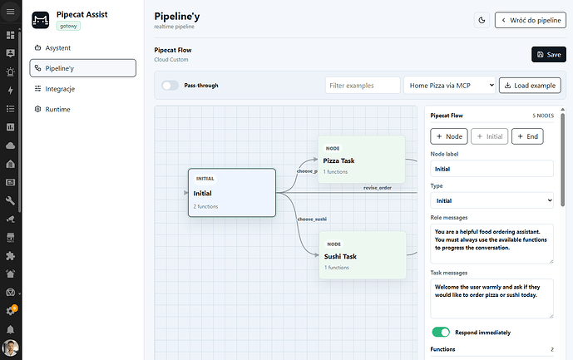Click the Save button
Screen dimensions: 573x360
[x=549, y=54]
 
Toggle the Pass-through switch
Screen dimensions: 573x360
[x=170, y=85]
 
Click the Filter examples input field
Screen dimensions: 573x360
[x=363, y=85]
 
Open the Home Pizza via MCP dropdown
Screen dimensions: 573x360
[x=449, y=85]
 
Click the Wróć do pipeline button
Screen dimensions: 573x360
[x=531, y=20]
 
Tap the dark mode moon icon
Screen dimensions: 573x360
[x=482, y=20]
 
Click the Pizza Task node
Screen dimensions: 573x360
[x=362, y=160]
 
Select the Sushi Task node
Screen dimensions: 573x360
[x=363, y=255]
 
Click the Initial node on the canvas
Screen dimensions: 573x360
[x=232, y=193]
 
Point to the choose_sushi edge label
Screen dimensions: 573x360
[x=312, y=219]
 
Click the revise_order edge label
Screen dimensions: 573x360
[x=377, y=188]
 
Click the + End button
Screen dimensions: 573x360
[x=527, y=136]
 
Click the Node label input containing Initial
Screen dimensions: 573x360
[x=491, y=169]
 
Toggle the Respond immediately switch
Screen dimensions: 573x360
[x=441, y=332]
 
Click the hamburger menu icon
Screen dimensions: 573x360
[x=10, y=12]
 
